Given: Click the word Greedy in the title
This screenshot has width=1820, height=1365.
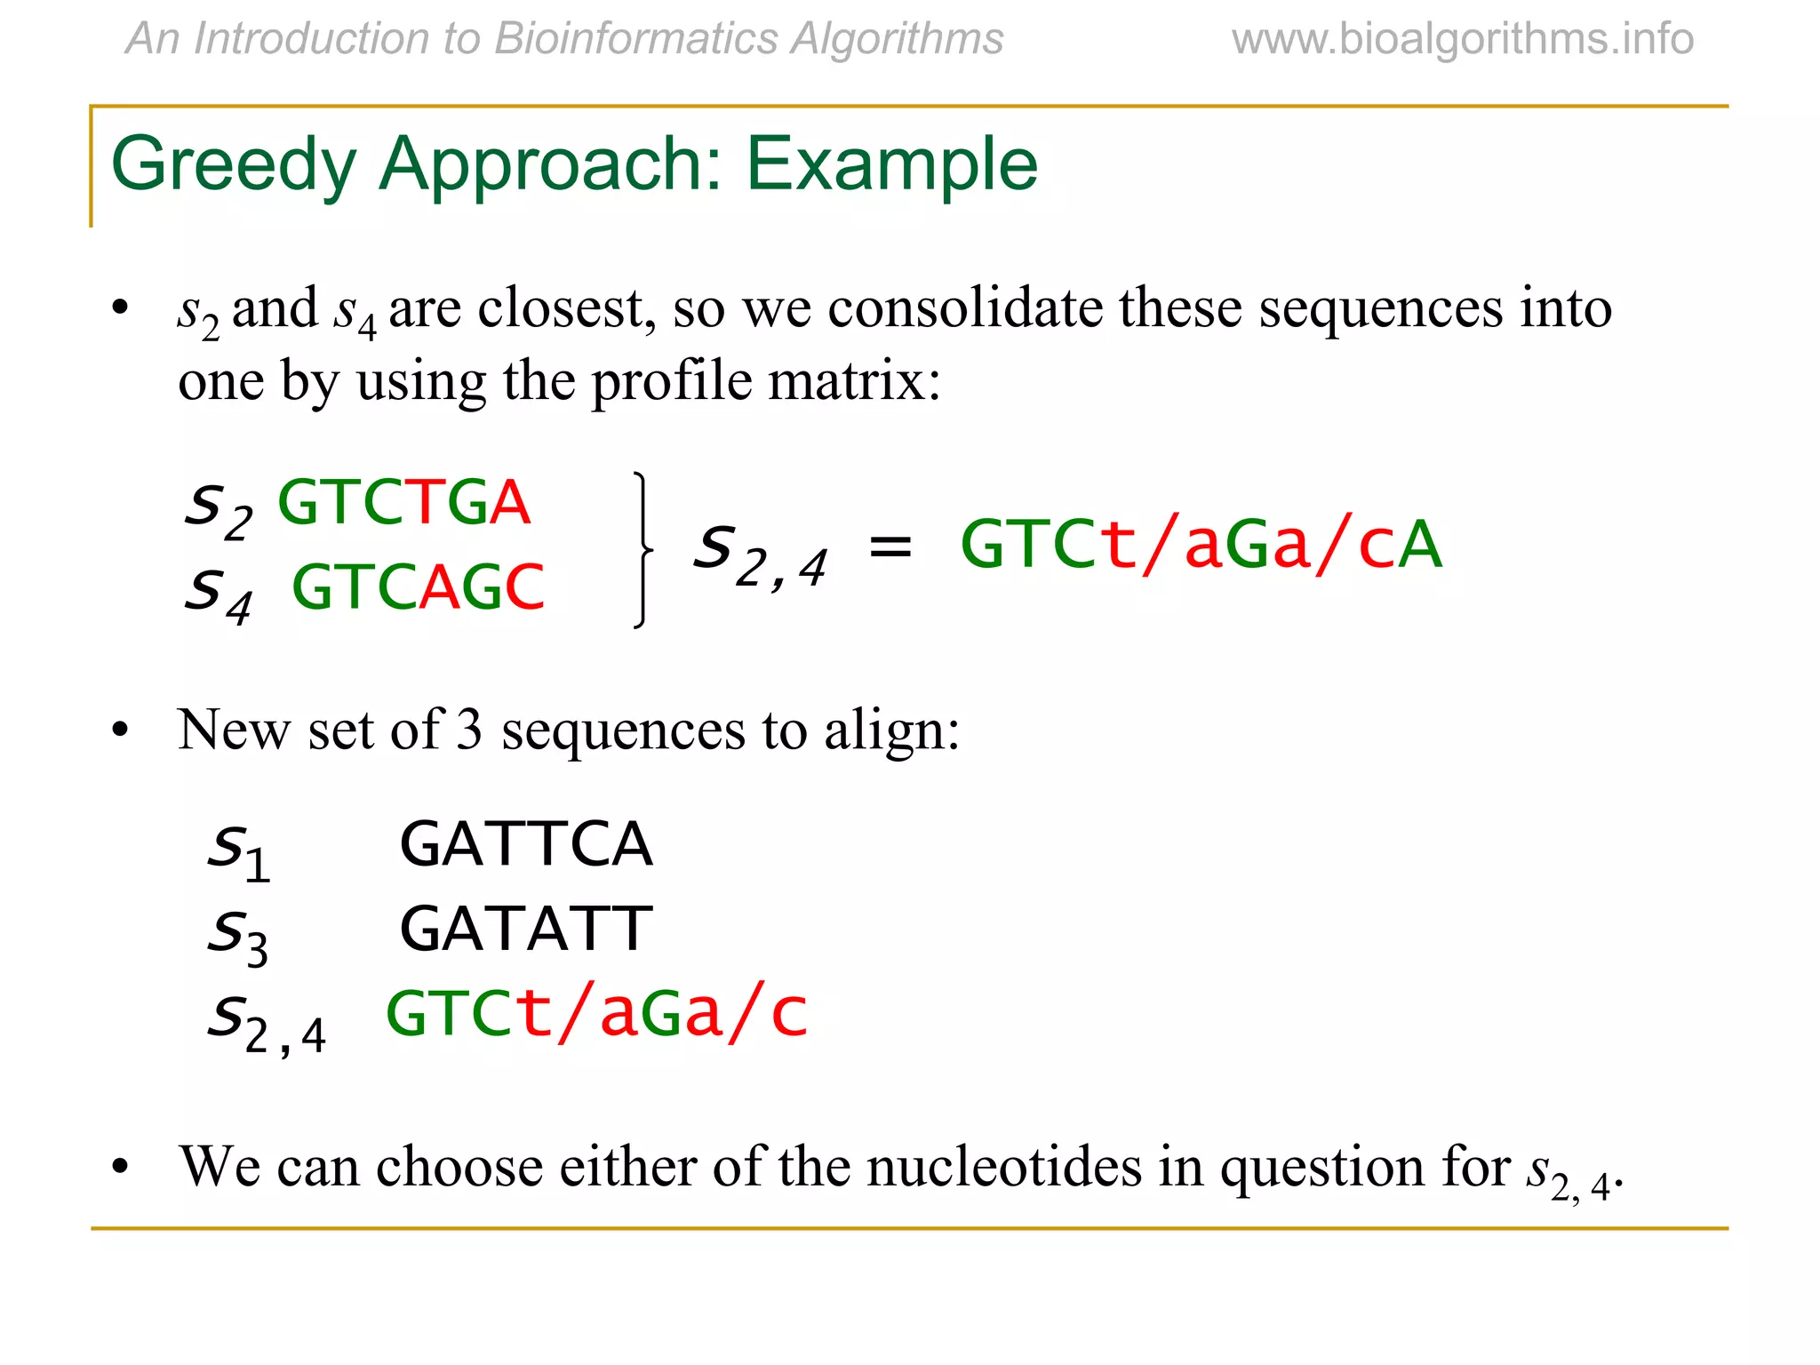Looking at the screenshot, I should click(234, 165).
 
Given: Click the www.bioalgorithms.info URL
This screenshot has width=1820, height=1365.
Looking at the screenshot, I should click(1463, 39).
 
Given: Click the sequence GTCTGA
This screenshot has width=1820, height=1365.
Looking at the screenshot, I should click(404, 503).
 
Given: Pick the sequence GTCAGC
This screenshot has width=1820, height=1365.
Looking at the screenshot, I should click(418, 587).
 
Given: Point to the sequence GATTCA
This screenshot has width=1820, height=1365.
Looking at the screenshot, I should click(526, 844).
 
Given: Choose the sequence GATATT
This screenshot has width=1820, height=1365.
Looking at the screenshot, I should click(526, 930).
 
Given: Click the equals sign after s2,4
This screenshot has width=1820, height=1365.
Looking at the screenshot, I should click(890, 546).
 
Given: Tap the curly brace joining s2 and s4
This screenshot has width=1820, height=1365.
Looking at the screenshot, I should click(642, 550).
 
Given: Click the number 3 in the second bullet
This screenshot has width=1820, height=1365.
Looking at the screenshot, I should click(469, 730).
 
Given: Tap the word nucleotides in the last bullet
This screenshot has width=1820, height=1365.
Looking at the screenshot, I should click(1004, 1167).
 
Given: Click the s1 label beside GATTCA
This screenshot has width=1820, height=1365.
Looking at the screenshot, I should click(238, 850).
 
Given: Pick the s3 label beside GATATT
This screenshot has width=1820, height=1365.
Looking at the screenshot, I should click(237, 936).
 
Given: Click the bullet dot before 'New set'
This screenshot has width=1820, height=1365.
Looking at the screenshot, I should click(121, 731).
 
